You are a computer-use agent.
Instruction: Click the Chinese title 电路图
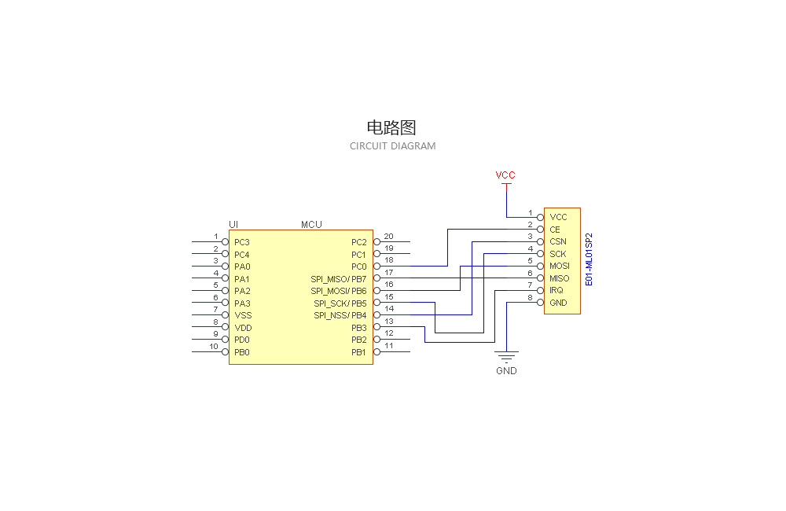(x=391, y=127)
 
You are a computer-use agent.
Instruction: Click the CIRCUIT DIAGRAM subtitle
(x=392, y=146)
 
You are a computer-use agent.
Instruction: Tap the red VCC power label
(x=505, y=175)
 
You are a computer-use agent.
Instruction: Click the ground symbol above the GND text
(x=506, y=355)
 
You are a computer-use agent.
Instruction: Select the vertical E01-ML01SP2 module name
(x=589, y=259)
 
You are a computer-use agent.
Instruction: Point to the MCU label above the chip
(x=311, y=225)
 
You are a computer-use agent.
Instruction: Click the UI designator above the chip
(x=233, y=225)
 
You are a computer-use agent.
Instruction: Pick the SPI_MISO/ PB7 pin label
(x=338, y=279)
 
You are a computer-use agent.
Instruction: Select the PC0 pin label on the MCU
(x=358, y=267)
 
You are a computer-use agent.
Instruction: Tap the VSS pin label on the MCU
(x=243, y=315)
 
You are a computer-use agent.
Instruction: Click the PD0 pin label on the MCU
(x=242, y=340)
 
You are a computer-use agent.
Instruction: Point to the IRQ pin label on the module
(x=556, y=290)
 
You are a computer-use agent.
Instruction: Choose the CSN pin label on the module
(x=557, y=241)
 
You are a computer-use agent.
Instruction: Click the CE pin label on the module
(x=555, y=230)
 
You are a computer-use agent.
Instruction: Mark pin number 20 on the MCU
(x=388, y=237)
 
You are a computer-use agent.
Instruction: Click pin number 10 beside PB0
(x=214, y=347)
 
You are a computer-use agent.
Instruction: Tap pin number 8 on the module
(x=530, y=298)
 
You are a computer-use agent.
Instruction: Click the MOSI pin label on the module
(x=559, y=266)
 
